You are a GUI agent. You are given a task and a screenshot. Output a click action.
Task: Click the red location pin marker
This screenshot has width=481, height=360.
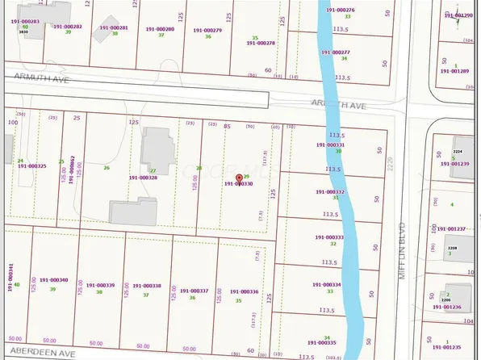[237, 177]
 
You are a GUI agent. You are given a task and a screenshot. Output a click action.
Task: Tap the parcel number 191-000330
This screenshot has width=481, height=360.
[238, 184]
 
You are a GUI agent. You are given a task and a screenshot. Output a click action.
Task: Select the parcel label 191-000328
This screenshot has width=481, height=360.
[143, 178]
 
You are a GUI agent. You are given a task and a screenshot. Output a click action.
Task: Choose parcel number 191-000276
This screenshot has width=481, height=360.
[341, 10]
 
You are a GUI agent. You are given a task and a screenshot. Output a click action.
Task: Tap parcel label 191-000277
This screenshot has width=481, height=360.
[340, 52]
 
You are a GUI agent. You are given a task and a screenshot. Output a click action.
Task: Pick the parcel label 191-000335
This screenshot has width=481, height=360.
[327, 343]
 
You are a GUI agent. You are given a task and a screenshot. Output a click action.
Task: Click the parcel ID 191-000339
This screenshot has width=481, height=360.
[100, 285]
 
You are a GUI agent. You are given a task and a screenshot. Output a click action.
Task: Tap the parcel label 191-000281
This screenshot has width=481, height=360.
[113, 27]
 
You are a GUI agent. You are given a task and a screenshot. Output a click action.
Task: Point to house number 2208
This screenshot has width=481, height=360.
[453, 248]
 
